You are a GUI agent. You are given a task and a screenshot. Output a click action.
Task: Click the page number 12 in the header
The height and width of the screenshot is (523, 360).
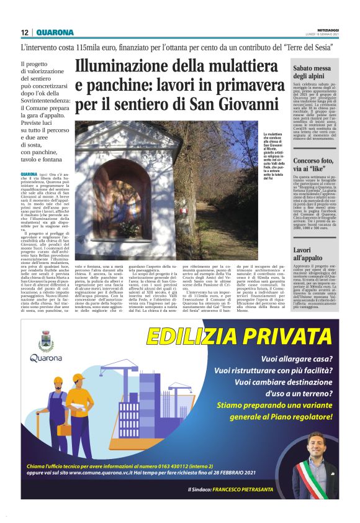(24, 33)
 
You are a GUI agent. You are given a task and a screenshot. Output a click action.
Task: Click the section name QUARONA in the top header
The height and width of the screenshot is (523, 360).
(55, 33)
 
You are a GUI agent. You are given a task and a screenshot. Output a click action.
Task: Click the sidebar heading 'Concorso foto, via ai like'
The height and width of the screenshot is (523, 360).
(316, 163)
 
